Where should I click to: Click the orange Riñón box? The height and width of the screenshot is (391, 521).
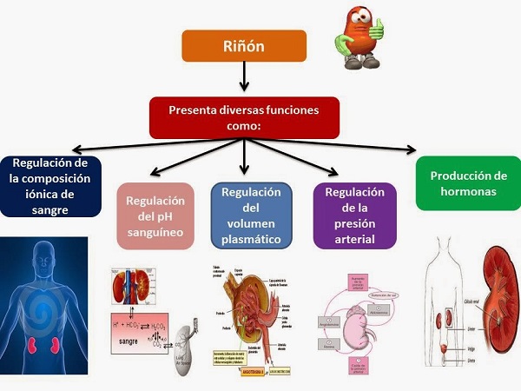pos(243,45)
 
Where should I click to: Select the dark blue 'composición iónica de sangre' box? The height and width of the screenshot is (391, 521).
pos(51,185)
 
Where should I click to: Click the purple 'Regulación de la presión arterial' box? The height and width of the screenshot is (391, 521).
pos(353,215)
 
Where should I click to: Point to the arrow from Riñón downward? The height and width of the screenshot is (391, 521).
pos(243,78)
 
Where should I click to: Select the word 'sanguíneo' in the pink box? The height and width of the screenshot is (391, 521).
pos(156,233)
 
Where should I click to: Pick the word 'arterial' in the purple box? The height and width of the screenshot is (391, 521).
pos(353,239)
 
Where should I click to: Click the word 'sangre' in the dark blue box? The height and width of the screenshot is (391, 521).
pos(50,209)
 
